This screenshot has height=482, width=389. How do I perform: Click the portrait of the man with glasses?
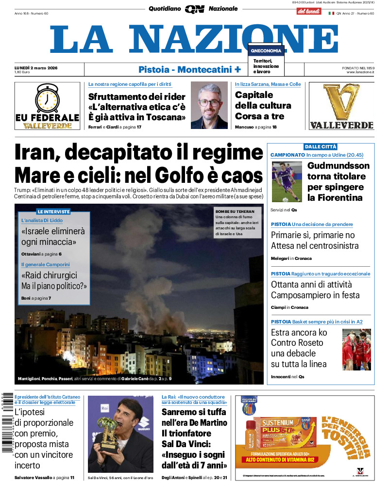[x=209, y=105]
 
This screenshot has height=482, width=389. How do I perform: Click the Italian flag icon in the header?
[x=331, y=14]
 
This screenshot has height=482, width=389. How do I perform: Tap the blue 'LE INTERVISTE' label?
[x=53, y=211]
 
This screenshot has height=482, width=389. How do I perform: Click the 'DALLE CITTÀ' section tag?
[x=320, y=146]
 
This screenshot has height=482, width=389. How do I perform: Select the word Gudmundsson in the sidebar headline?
[x=338, y=165]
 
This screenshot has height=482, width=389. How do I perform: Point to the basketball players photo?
[x=356, y=349]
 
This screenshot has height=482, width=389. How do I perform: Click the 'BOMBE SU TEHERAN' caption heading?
[x=237, y=211]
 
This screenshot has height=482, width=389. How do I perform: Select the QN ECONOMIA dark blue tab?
[x=266, y=50]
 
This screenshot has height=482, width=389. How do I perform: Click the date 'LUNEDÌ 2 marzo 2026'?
[x=36, y=67]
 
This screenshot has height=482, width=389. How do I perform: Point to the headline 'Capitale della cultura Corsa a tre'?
[x=263, y=105]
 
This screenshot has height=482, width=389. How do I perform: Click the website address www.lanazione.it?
[x=360, y=72]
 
